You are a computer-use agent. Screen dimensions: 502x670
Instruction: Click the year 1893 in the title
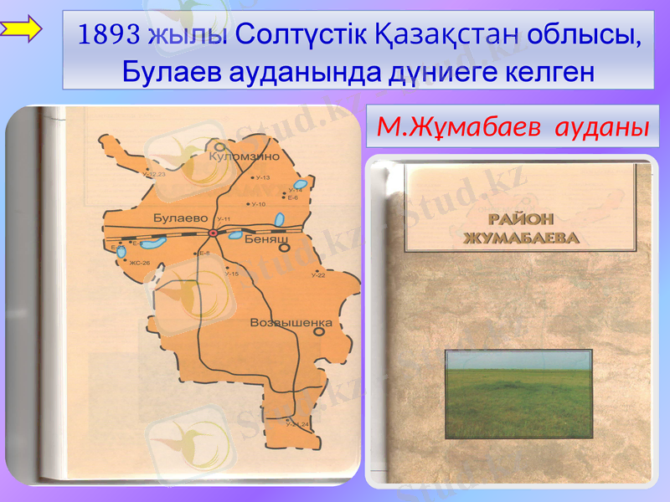point(108,34)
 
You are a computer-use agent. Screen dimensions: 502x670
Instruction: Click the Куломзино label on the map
point(244,156)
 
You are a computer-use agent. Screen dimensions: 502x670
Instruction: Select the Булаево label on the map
point(180,218)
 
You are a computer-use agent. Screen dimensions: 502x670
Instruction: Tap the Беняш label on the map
point(267,239)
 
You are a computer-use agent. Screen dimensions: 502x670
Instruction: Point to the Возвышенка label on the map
point(291,322)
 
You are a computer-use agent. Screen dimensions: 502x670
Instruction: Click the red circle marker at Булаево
point(213,233)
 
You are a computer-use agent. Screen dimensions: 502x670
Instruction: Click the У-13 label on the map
point(262,178)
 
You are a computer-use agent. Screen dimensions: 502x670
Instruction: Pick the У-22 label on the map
point(317,275)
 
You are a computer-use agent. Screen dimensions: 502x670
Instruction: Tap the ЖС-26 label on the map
point(139,263)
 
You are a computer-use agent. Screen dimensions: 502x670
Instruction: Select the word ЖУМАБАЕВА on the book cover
point(522,237)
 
